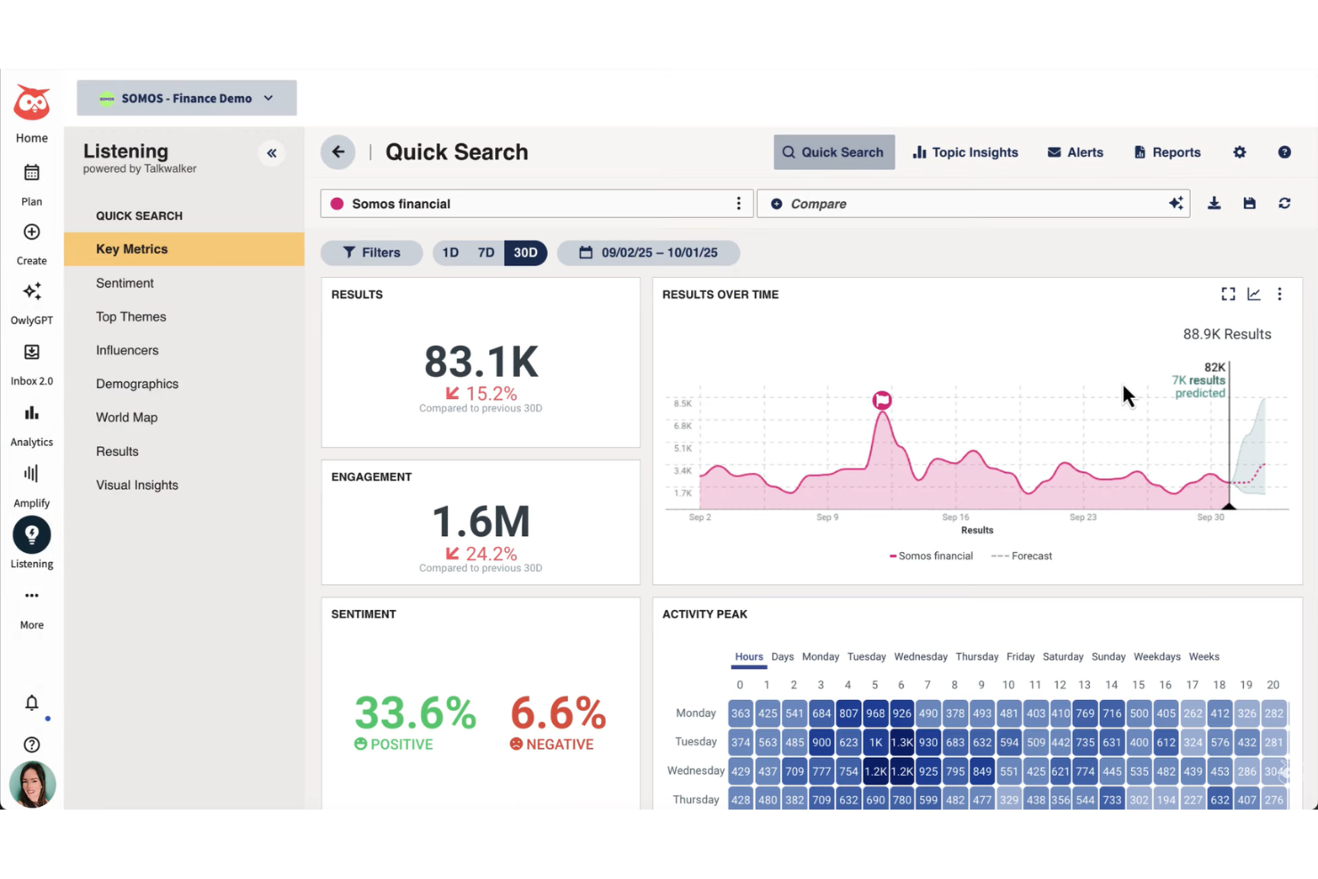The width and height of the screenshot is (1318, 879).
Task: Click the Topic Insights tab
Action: click(x=965, y=152)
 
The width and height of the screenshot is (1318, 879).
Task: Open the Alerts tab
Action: click(x=1075, y=152)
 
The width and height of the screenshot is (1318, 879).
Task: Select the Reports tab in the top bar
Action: click(x=1167, y=152)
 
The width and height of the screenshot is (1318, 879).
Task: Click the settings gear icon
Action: click(x=1240, y=152)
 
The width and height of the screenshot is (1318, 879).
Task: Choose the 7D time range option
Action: click(x=485, y=253)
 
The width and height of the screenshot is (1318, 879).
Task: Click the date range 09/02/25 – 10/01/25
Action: click(x=648, y=253)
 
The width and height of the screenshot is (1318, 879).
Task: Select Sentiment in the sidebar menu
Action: click(x=125, y=283)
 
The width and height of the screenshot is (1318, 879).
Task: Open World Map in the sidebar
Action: click(x=126, y=418)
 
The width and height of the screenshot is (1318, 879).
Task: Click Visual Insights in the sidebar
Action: click(x=137, y=485)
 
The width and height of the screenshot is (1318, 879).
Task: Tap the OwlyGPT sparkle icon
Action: click(x=32, y=292)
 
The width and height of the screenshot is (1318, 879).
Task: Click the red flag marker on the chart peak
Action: click(x=882, y=400)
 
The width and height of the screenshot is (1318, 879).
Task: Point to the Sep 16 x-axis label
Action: click(x=956, y=517)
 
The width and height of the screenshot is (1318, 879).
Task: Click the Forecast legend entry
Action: click(x=1022, y=556)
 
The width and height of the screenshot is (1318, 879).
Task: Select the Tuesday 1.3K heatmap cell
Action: click(x=902, y=742)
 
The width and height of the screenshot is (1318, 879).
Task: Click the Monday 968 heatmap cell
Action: click(x=875, y=713)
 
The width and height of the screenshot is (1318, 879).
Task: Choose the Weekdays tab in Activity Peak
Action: click(x=1157, y=657)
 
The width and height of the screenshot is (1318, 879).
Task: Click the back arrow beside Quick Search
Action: click(x=338, y=152)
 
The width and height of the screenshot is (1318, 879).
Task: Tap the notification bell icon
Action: click(x=32, y=704)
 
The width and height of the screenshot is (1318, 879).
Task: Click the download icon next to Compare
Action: click(x=1214, y=204)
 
